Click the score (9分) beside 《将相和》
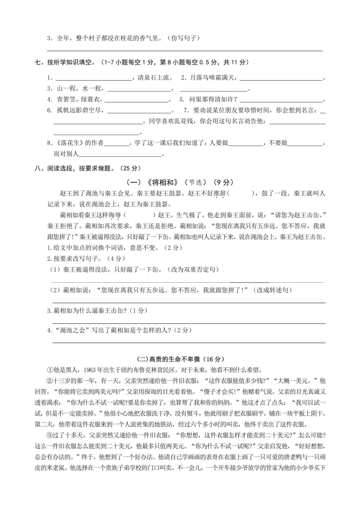222,182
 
